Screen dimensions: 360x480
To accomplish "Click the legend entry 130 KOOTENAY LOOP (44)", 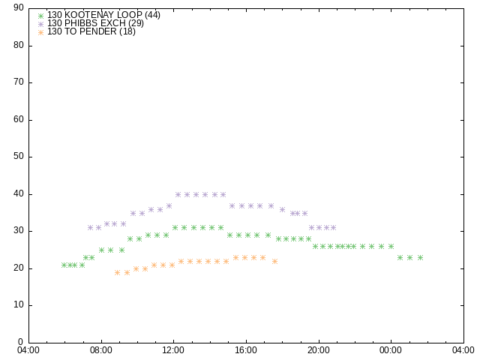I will click(103, 15).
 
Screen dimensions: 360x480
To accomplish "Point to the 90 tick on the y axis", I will click(19, 8).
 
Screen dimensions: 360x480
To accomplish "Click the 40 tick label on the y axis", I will click(19, 194).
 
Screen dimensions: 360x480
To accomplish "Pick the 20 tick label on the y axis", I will click(19, 268).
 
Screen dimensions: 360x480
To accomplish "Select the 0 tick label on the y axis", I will click(21, 343).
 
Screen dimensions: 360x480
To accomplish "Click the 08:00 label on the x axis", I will click(101, 350).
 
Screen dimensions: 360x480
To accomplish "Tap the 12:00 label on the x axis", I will click(174, 350).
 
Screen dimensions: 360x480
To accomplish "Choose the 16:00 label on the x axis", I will click(246, 350).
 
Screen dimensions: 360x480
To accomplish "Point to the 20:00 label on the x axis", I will click(319, 350).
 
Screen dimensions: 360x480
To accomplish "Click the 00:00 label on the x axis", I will click(391, 350).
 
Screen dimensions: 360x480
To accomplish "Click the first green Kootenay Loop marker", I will click(64, 265).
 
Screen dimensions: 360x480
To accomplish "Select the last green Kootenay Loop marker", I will click(420, 257).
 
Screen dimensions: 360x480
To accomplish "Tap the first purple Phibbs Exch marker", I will click(90, 227).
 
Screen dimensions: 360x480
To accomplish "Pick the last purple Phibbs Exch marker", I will click(333, 227).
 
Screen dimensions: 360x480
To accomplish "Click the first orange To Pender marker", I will click(117, 272).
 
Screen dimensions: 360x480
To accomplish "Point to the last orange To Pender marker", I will click(274, 261).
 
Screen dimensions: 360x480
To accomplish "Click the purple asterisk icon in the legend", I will click(41, 23).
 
